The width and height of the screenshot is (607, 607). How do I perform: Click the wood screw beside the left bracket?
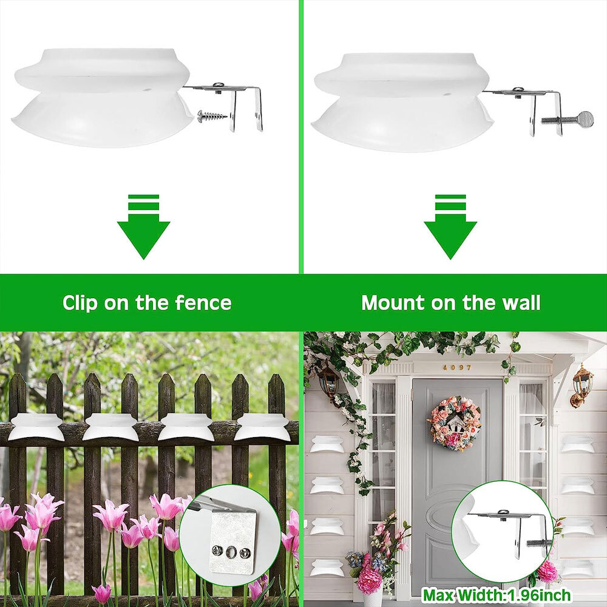coord(212,115)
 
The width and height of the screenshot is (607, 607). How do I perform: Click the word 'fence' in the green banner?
coord(203,303)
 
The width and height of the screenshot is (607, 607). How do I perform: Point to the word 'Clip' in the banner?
coord(80,303)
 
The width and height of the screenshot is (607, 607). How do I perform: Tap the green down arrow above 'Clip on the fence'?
coord(144,227)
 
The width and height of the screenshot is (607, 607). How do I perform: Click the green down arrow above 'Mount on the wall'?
coord(450,227)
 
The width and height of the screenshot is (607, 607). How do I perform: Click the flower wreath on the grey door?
coord(455,423)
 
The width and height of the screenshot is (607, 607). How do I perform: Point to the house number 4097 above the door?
coord(457,367)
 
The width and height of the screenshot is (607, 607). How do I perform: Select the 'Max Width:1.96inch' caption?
coord(497,595)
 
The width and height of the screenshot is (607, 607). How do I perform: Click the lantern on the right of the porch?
coord(582,386)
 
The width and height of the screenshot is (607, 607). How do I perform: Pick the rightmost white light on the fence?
coord(263,427)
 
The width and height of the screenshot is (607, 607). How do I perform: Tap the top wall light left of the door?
coord(327,444)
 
